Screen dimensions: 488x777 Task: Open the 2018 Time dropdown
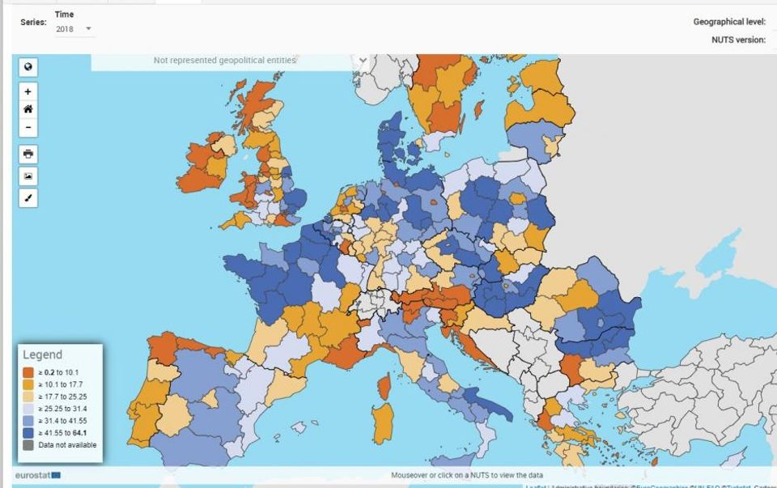[x=74, y=29]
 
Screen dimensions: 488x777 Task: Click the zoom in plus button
[x=28, y=91]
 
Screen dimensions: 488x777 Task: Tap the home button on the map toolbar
[x=28, y=109]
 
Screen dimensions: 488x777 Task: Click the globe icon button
[x=28, y=67]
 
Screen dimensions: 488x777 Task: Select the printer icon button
[x=28, y=154]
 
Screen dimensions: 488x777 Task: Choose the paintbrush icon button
[x=28, y=197]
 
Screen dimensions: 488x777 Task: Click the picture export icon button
[x=28, y=176]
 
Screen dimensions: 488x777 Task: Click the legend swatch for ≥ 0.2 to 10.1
[x=28, y=372]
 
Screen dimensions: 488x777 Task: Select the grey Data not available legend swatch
[x=28, y=445]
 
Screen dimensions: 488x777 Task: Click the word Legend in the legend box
[x=42, y=354]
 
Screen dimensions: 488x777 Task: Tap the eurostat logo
[x=37, y=475]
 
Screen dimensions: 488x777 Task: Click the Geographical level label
[x=728, y=22]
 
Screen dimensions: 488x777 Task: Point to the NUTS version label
[x=738, y=40]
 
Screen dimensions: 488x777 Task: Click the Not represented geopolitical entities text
[x=224, y=60]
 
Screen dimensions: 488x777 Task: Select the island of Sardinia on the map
[x=383, y=423]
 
